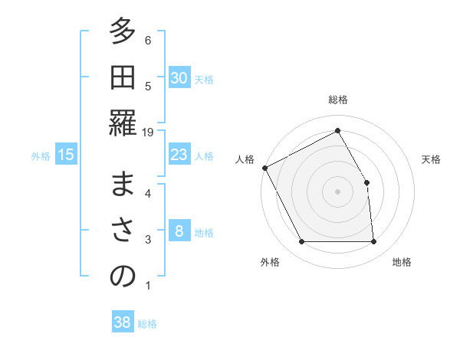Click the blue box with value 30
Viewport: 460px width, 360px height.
(179, 78)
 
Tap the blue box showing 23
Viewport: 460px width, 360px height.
(179, 155)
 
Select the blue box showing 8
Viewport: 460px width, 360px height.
(179, 231)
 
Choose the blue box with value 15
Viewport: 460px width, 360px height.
(66, 155)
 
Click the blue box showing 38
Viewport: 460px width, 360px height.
(123, 322)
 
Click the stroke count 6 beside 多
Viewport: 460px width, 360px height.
(148, 40)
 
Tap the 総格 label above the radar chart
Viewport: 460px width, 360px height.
(338, 100)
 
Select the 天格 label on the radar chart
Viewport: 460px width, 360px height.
(431, 159)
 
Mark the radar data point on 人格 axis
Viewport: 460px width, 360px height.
(265, 168)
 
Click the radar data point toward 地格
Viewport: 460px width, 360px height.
(374, 242)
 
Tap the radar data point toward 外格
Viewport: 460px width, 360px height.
(302, 242)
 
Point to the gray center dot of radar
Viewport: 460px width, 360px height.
(338, 191)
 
